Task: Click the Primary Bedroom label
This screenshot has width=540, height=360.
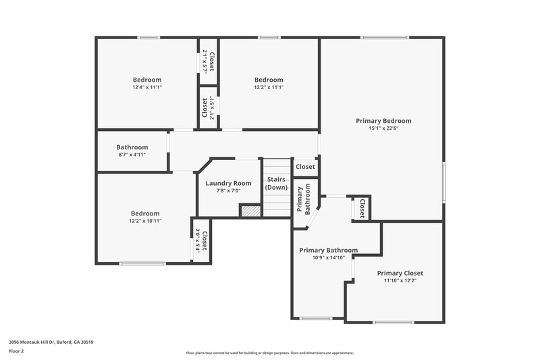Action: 383,121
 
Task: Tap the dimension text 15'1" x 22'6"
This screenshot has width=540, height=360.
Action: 383,129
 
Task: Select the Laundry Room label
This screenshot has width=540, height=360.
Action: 228,183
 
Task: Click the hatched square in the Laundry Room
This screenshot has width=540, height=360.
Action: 250,211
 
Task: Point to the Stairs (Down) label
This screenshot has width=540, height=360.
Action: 277,183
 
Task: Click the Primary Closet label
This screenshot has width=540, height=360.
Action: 400,273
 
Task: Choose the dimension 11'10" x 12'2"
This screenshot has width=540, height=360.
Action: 400,281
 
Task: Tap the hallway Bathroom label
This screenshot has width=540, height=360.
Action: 132,147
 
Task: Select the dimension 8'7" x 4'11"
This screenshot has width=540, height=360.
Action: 132,155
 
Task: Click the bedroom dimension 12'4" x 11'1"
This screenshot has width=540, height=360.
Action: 147,88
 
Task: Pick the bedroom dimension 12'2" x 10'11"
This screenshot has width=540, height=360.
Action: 146,221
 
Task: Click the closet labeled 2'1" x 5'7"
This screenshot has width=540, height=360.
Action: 209,62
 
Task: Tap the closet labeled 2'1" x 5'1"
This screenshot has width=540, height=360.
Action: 209,106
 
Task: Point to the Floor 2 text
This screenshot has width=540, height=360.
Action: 17,351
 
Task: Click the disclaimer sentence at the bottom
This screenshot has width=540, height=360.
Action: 269,353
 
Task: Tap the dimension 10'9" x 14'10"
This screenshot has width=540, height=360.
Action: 328,258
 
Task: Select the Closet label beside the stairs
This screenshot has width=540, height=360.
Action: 305,166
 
